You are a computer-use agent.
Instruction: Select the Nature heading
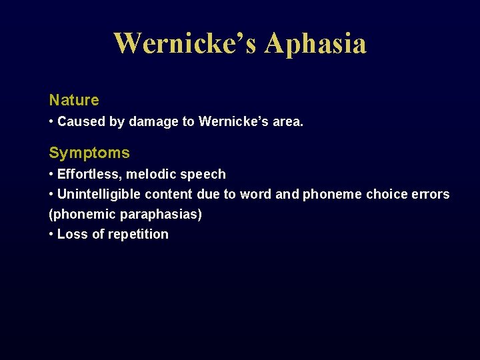74,100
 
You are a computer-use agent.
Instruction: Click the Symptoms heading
89,153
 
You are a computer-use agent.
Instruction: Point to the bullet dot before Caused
51,122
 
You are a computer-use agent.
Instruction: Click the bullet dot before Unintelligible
51,194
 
